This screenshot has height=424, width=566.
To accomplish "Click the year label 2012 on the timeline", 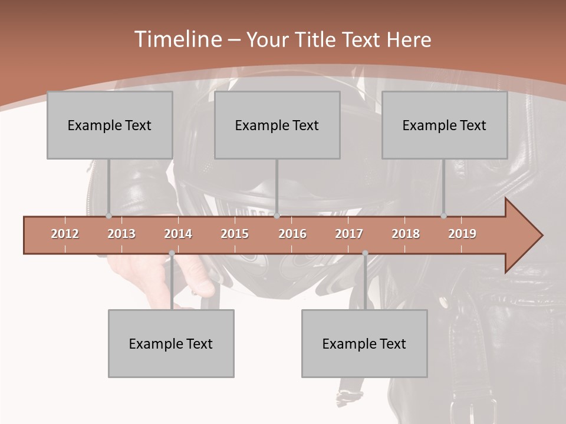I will pyautogui.click(x=65, y=234).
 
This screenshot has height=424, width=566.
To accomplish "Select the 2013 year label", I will pyautogui.click(x=121, y=234).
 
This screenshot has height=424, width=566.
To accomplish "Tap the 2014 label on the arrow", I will pyautogui.click(x=178, y=234).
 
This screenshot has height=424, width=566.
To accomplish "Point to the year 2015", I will pyautogui.click(x=235, y=234).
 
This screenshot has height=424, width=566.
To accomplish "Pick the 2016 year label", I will pyautogui.click(x=292, y=234).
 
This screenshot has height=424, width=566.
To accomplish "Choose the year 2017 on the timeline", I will pyautogui.click(x=349, y=234).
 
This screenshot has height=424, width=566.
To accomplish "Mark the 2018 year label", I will pyautogui.click(x=406, y=234).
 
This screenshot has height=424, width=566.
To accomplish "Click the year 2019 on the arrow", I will pyautogui.click(x=462, y=234).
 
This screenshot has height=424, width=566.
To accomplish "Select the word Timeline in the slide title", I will pyautogui.click(x=176, y=39).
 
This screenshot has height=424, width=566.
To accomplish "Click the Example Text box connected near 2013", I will pyautogui.click(x=110, y=125).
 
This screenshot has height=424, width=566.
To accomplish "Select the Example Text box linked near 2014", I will pyautogui.click(x=171, y=343).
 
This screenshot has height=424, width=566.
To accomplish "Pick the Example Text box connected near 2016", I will pyautogui.click(x=277, y=125).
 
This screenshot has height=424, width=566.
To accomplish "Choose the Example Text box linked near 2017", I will pyautogui.click(x=364, y=343).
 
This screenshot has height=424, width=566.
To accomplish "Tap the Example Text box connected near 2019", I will pyautogui.click(x=445, y=125).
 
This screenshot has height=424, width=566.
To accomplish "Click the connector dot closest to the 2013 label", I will pyautogui.click(x=108, y=216).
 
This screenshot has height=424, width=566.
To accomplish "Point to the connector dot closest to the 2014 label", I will pyautogui.click(x=172, y=253).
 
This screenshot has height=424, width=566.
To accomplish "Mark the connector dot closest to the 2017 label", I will pyautogui.click(x=365, y=253).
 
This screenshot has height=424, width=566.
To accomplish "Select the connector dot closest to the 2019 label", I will pyautogui.click(x=444, y=216).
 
